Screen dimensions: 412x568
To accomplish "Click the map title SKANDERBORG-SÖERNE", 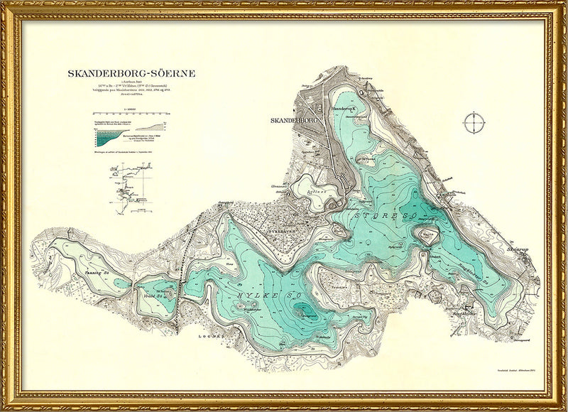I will click(131, 73).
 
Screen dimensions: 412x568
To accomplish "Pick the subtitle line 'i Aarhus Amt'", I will click(131, 82).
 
